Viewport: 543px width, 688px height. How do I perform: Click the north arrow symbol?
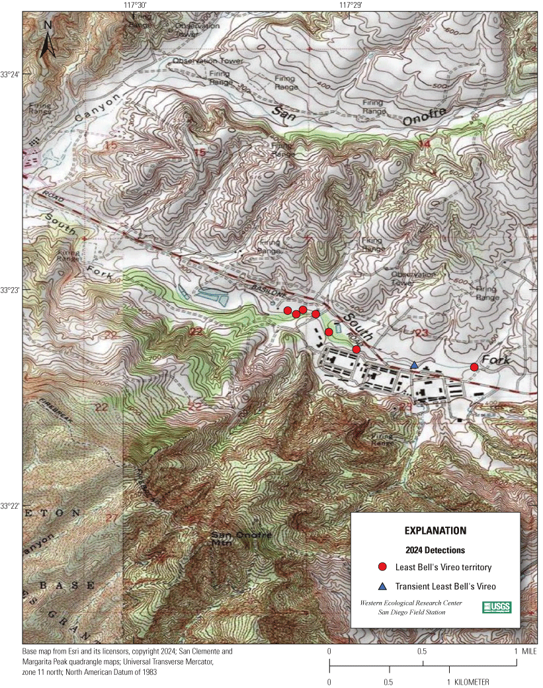(48, 40)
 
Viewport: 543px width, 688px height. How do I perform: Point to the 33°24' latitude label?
(11, 74)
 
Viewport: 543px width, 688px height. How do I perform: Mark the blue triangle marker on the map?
(414, 365)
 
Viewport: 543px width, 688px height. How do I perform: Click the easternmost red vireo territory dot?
(474, 367)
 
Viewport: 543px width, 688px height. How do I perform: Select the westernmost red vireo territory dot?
(288, 310)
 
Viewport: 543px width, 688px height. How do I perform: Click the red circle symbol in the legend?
(382, 567)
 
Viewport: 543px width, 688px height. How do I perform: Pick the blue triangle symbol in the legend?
(382, 586)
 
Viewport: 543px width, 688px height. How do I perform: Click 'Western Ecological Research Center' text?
(411, 603)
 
